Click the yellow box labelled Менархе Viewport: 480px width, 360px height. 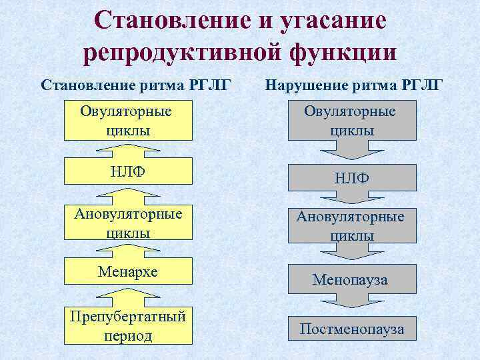point(127,273)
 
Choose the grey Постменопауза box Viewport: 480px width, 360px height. point(351,329)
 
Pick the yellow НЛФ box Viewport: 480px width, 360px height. point(127,172)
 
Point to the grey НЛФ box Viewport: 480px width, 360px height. point(351,178)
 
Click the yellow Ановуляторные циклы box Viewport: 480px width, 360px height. point(127,222)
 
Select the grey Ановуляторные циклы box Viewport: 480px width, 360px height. point(351,225)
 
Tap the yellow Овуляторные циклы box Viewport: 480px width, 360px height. point(127,120)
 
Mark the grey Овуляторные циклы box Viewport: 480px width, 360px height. point(351,121)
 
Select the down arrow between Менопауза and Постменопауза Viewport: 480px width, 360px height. point(351,303)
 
